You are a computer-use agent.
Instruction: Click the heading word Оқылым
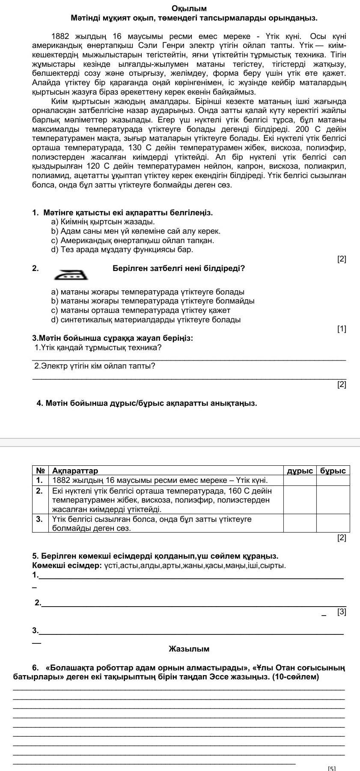click(189, 9)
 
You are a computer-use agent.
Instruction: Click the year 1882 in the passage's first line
click(60, 36)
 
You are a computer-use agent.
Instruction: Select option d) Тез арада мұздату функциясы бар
click(122, 249)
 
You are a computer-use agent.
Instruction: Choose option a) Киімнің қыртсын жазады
click(103, 222)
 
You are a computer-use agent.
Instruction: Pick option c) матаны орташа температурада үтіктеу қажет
click(140, 310)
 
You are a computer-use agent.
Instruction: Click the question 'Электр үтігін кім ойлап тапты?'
click(95, 366)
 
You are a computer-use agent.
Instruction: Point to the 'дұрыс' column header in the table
click(300, 470)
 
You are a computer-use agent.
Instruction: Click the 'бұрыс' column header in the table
click(333, 470)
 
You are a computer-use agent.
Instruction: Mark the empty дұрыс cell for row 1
click(300, 480)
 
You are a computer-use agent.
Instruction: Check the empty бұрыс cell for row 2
click(333, 500)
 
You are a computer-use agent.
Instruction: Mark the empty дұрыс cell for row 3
click(300, 523)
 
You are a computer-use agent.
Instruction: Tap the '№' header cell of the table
click(40, 470)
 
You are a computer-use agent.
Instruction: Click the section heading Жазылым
click(189, 649)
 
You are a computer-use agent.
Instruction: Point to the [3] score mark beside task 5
click(342, 612)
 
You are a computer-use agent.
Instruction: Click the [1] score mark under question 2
click(342, 329)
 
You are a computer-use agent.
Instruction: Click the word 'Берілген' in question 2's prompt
click(129, 268)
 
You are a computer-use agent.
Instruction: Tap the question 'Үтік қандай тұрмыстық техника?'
click(98, 347)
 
